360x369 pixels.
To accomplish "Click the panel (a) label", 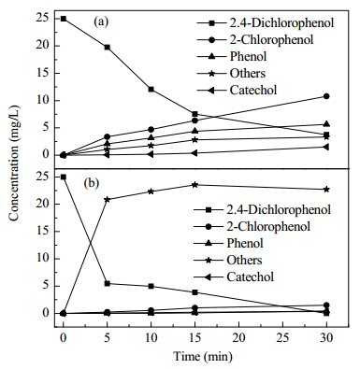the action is (x=101, y=21).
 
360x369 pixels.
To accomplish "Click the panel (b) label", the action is (x=92, y=183).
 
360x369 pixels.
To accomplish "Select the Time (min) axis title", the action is (x=203, y=357).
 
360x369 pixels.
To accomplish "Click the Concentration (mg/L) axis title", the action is (x=14, y=163).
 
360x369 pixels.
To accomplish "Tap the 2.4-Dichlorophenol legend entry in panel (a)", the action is (x=266, y=22).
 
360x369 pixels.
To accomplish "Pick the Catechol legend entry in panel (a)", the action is (x=237, y=90).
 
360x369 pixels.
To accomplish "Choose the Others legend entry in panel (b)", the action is (x=228, y=260).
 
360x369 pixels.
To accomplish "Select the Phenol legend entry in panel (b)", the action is (x=228, y=243).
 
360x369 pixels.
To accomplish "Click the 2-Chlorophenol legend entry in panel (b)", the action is (x=252, y=226).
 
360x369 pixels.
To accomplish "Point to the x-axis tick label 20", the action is (x=239, y=338).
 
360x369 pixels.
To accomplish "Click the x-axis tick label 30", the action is (x=326, y=338).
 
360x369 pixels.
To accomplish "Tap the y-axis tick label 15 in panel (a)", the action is (x=43, y=73).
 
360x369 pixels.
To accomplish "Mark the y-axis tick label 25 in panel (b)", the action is (x=43, y=177).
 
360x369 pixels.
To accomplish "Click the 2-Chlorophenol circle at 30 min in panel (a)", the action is (x=326, y=96).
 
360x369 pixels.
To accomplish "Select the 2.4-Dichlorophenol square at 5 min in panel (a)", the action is (x=108, y=47).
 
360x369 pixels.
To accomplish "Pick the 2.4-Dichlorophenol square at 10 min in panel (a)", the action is (x=151, y=90).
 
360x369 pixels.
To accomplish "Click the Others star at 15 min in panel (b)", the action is (x=195, y=185).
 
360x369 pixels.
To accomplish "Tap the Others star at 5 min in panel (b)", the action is (x=108, y=199).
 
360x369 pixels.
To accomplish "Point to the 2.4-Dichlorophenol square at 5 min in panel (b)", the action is (x=108, y=283).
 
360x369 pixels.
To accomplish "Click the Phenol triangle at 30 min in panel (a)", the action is (x=326, y=124).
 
